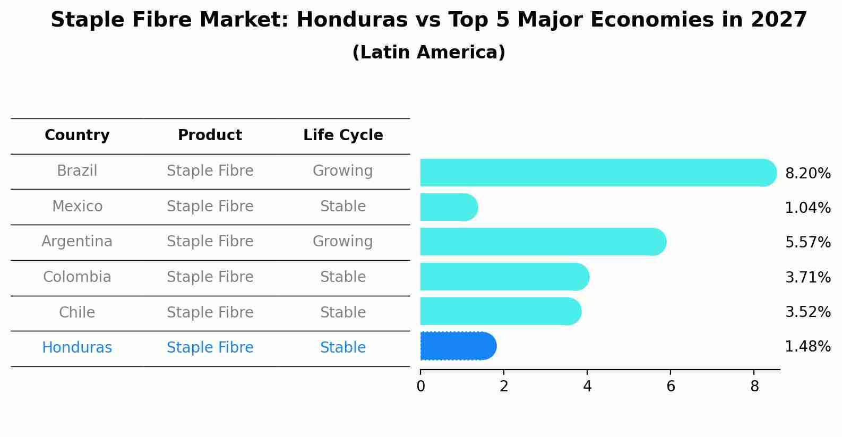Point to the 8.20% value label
[807, 174]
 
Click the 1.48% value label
[807, 347]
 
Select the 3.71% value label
[807, 277]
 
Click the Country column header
[77, 135]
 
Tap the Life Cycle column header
[343, 135]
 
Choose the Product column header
[210, 135]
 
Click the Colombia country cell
[77, 277]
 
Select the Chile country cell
[77, 312]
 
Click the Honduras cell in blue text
[77, 348]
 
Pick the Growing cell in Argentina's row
[342, 242]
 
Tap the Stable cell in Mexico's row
[342, 206]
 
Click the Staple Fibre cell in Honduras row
[210, 348]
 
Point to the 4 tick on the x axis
[587, 386]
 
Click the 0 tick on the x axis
[420, 386]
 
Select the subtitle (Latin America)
[428, 53]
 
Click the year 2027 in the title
[779, 20]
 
